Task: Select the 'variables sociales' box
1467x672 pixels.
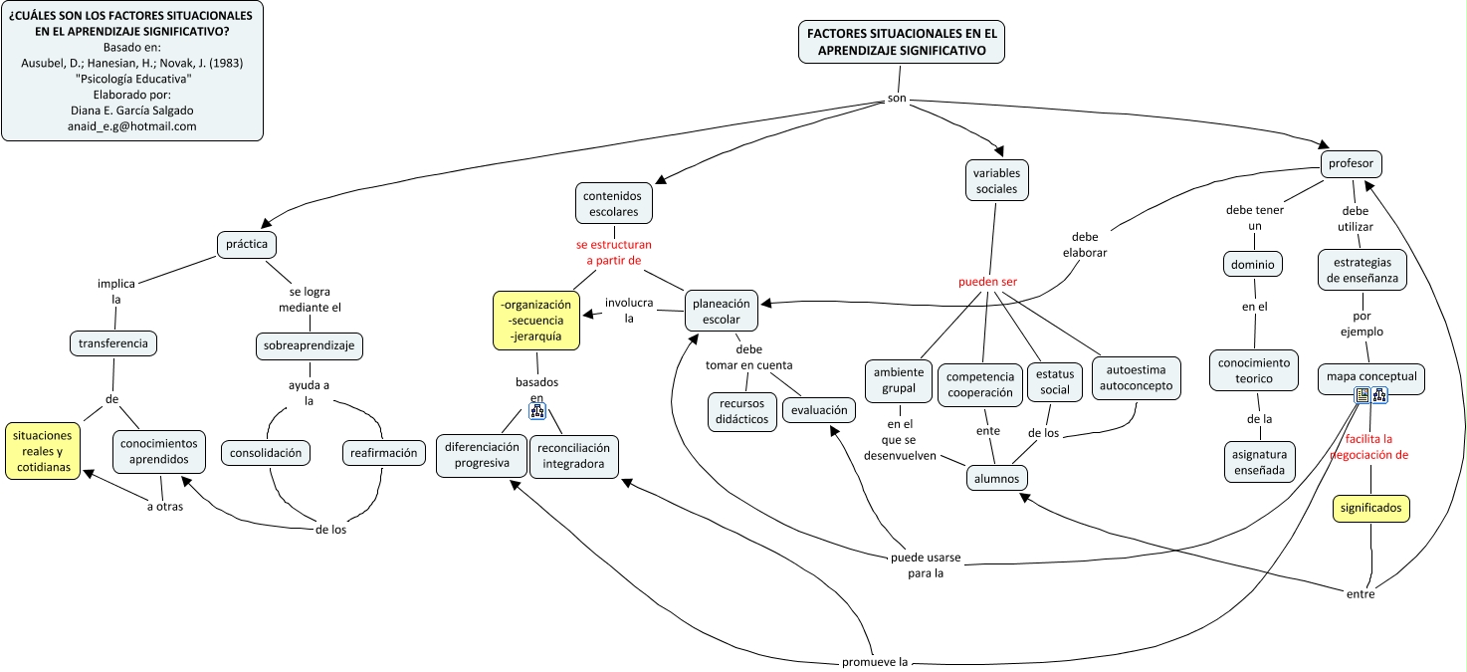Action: [x=997, y=181]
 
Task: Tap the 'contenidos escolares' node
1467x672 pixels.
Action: [x=613, y=203]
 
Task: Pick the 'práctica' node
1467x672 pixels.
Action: [x=247, y=243]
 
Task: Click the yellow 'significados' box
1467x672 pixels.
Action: [x=1370, y=508]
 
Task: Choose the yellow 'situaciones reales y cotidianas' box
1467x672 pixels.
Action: [x=44, y=451]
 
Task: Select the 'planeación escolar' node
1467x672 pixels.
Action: [x=722, y=311]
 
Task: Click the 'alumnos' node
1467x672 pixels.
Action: [x=997, y=478]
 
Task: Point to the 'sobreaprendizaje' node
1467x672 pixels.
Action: [x=309, y=345]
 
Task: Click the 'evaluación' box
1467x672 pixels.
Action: [x=819, y=409]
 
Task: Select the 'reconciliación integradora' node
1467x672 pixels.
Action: [x=573, y=456]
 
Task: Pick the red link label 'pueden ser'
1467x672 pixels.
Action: [x=987, y=282]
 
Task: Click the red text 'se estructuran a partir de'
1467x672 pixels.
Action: [x=613, y=252]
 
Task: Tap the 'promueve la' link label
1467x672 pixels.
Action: [x=875, y=661]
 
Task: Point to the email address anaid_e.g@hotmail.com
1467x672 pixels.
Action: [x=132, y=126]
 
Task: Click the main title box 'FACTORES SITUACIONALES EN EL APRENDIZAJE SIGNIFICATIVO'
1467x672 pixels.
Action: [x=902, y=42]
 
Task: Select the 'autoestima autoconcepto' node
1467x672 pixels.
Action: [x=1136, y=378]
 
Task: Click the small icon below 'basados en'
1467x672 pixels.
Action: [x=537, y=412]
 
